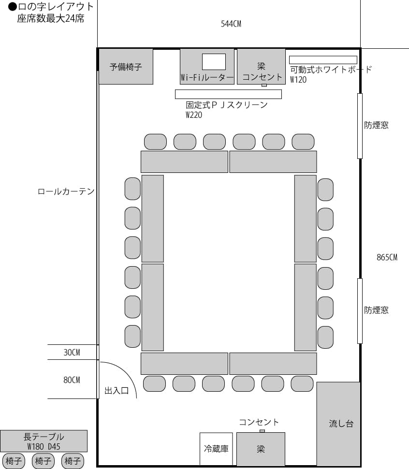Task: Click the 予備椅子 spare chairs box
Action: (x=126, y=67)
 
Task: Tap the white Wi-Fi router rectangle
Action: (x=214, y=61)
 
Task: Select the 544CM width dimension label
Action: (x=231, y=24)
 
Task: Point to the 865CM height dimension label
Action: (x=387, y=257)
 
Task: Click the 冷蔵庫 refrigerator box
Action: (x=216, y=449)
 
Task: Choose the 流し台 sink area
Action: (x=341, y=424)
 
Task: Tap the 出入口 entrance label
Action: (x=117, y=391)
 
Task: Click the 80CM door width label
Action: (x=72, y=380)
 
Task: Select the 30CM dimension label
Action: (x=72, y=353)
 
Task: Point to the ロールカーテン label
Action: (x=66, y=192)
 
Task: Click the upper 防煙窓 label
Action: (x=376, y=126)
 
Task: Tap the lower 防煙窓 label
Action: (x=376, y=310)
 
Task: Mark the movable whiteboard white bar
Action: (x=323, y=60)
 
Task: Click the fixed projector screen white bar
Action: (x=228, y=94)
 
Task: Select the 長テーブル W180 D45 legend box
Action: (x=44, y=441)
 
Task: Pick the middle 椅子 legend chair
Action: (x=43, y=461)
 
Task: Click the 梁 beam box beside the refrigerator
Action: (x=261, y=449)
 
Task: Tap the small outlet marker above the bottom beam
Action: (x=262, y=431)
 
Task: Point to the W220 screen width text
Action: (x=194, y=115)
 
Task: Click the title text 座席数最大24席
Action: (x=50, y=19)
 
